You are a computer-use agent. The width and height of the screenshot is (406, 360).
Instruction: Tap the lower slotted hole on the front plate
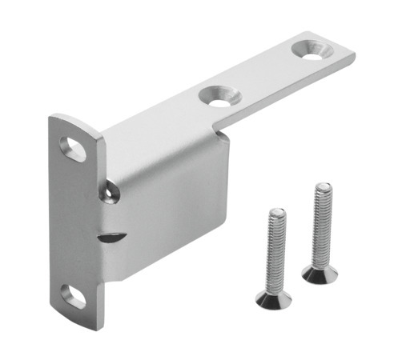click(x=73, y=296)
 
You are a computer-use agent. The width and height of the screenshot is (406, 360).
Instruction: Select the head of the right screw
click(x=320, y=274)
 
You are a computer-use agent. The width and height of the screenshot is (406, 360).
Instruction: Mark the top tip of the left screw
click(x=275, y=211)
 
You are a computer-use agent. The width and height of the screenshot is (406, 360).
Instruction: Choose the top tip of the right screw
click(x=322, y=186)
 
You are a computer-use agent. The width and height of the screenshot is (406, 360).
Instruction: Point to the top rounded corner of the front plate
click(x=64, y=120)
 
